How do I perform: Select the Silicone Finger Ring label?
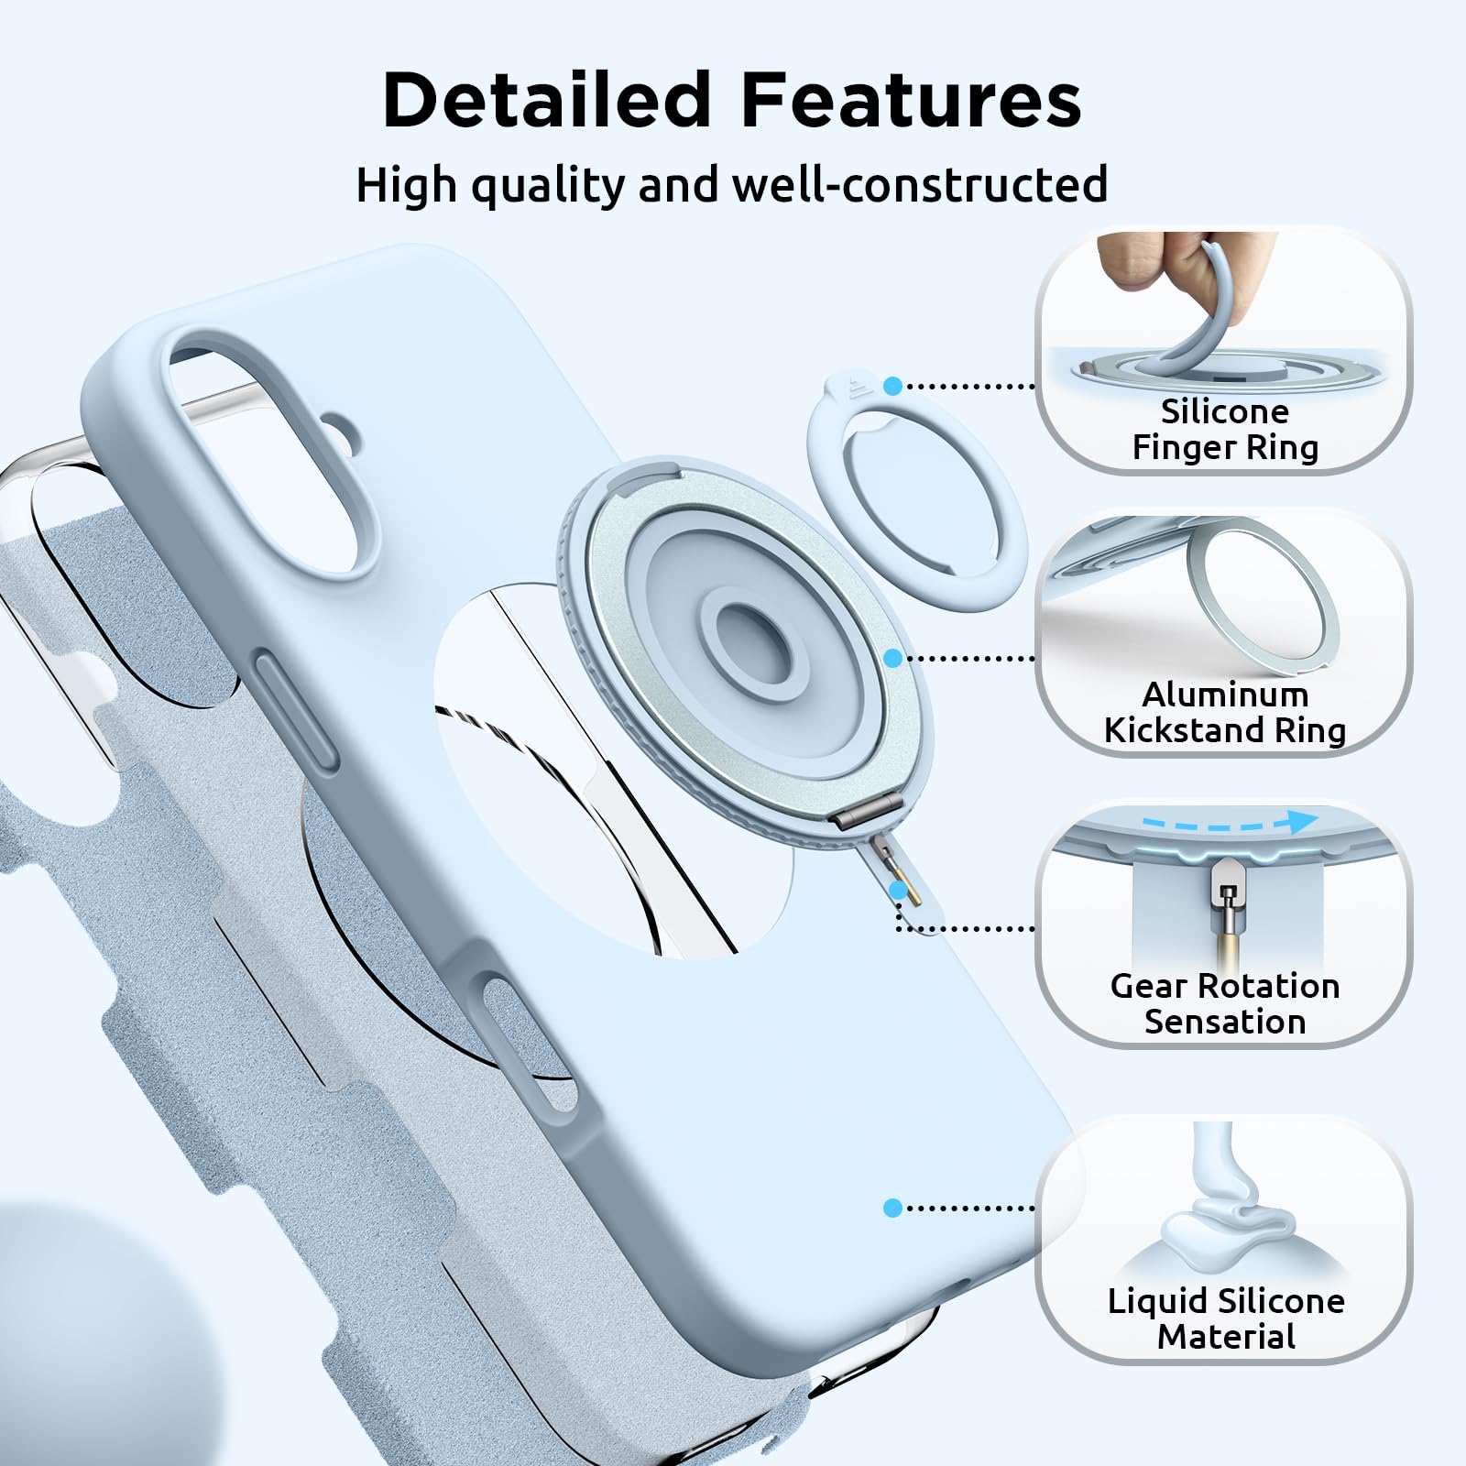pos(1224,430)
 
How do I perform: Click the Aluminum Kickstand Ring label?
pos(1224,713)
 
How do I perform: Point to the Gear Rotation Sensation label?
pos(1224,1003)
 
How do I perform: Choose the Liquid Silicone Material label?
pos(1226,1318)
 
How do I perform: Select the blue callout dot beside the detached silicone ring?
pos(893,386)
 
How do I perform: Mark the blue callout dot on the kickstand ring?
pos(893,658)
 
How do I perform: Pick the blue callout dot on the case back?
pos(893,1208)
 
